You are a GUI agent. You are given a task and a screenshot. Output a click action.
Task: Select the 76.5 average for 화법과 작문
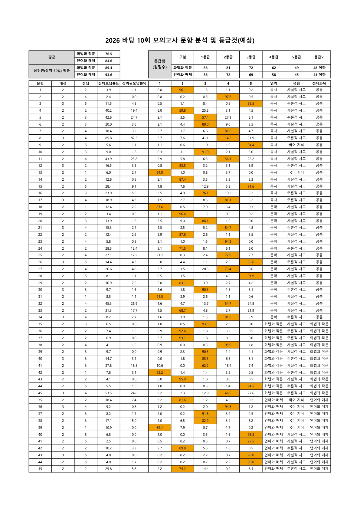click(109, 54)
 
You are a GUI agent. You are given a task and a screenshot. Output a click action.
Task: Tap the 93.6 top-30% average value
click(109, 75)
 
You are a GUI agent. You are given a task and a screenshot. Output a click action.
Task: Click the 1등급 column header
click(205, 57)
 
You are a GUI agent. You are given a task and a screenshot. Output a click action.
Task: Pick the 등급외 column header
click(319, 57)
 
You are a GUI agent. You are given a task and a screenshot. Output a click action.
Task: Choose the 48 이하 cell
click(319, 68)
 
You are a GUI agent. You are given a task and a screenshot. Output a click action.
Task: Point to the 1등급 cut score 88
click(205, 68)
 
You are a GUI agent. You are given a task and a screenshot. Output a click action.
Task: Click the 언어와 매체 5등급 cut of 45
click(296, 75)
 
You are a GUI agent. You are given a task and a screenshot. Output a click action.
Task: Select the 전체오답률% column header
click(109, 83)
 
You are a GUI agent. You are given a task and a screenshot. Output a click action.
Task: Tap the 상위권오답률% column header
click(134, 83)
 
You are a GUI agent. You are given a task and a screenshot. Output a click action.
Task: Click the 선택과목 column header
click(319, 83)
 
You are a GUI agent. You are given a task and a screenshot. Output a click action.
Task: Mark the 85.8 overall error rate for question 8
click(109, 138)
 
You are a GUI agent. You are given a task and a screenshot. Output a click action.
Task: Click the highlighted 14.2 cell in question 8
click(228, 138)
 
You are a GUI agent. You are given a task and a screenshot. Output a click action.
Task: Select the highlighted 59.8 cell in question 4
click(182, 110)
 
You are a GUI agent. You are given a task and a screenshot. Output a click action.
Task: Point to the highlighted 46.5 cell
click(228, 393)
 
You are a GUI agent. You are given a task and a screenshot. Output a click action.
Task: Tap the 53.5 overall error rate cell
click(109, 393)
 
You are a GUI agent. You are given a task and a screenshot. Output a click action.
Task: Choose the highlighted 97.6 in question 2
click(228, 97)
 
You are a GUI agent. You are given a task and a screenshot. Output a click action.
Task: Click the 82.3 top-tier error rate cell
click(134, 138)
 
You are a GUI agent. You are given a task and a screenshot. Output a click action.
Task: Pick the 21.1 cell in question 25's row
click(160, 255)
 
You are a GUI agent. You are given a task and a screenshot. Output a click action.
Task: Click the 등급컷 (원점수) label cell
click(160, 64)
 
